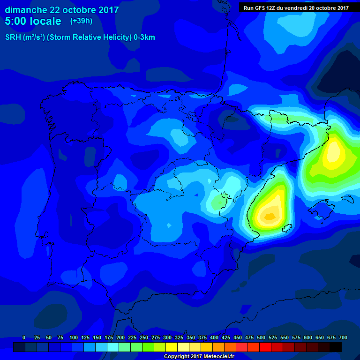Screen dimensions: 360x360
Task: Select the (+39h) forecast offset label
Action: [x=81, y=21]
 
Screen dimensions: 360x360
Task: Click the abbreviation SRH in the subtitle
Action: [x=13, y=37]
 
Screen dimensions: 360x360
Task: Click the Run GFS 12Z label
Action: [x=260, y=7]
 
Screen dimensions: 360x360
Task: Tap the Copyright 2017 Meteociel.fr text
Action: [x=199, y=356]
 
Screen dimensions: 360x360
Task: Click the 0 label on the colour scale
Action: [x=24, y=337]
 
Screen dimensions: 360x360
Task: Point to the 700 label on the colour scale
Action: [x=343, y=337]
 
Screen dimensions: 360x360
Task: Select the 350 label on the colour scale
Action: [x=190, y=337]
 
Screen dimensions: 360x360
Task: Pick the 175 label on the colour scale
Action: [x=108, y=337]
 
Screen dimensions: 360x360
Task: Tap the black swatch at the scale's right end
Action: [x=336, y=347]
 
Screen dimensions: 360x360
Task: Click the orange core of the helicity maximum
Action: [x=269, y=216]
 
